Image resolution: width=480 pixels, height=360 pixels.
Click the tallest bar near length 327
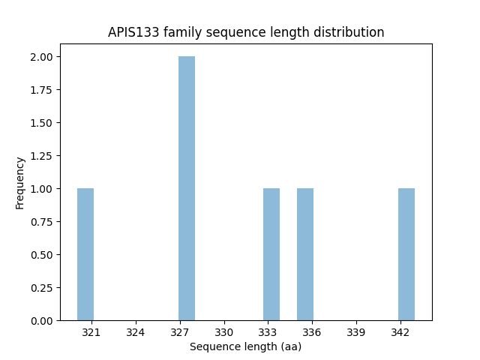pyautogui.click(x=187, y=188)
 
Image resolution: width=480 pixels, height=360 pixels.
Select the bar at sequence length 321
pyautogui.click(x=85, y=254)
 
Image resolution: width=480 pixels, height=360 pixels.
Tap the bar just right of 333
pyautogui.click(x=271, y=254)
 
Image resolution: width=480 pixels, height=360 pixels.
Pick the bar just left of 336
pyautogui.click(x=305, y=254)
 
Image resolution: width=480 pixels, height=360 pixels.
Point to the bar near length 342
pyautogui.click(x=406, y=254)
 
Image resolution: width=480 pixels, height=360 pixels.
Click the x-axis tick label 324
pyautogui.click(x=136, y=331)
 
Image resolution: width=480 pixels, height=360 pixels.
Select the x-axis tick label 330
pyautogui.click(x=224, y=331)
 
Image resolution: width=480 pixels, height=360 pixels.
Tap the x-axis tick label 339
pyautogui.click(x=356, y=331)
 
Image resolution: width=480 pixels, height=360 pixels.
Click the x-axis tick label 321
pyautogui.click(x=91, y=331)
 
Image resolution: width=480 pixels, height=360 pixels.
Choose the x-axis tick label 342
pyautogui.click(x=400, y=331)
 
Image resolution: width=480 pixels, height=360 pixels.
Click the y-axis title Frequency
pyautogui.click(x=20, y=182)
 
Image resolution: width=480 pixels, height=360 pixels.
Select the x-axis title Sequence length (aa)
pyautogui.click(x=245, y=346)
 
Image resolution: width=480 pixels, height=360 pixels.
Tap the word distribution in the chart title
pyautogui.click(x=352, y=33)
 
